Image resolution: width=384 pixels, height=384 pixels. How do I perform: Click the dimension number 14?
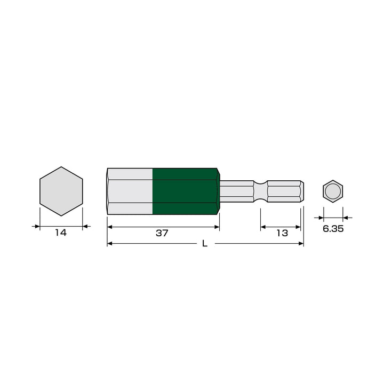click(61, 233)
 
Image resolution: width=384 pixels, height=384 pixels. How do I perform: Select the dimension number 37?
click(162, 233)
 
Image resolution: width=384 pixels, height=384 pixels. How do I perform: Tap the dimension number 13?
click(282, 233)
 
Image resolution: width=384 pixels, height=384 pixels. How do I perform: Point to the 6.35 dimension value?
click(333, 228)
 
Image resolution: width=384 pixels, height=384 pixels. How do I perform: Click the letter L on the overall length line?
click(205, 243)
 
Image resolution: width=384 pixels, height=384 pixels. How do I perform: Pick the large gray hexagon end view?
click(61, 191)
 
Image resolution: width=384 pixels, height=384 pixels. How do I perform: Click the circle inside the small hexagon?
click(333, 191)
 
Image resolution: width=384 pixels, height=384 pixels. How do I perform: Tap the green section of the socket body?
click(185, 191)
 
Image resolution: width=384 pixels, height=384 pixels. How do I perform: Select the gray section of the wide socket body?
click(130, 191)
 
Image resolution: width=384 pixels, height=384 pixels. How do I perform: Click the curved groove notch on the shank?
click(260, 191)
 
